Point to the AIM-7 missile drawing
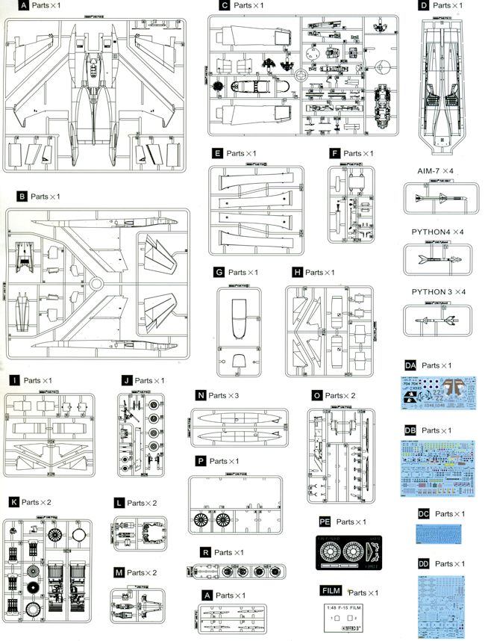(x=440, y=199)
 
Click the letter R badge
(x=204, y=552)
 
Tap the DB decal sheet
(x=439, y=467)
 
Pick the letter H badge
(x=298, y=272)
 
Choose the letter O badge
(x=318, y=394)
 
